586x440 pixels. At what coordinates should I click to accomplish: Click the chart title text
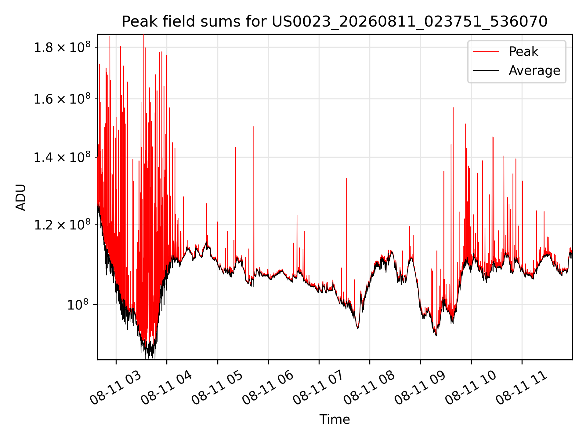coord(335,22)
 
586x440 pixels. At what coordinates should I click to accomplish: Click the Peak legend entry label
coord(523,52)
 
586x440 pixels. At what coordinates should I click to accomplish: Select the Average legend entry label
coord(534,71)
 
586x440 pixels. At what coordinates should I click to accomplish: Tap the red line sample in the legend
coord(486,52)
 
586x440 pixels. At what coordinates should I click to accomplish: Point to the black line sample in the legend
coord(486,71)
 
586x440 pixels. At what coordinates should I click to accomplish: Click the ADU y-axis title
coord(21,197)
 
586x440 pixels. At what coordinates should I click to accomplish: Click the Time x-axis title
coord(335,419)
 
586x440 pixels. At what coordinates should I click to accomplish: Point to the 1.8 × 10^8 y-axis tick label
coord(62,47)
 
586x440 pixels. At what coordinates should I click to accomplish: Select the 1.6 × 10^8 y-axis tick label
coord(62,99)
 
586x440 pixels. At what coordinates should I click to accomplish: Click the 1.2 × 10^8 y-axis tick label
coord(62,225)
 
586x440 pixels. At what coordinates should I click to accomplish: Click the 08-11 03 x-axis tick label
coord(116,388)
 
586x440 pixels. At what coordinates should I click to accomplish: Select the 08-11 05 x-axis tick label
coord(217,388)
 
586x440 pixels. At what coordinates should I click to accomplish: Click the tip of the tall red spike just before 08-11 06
coord(254,126)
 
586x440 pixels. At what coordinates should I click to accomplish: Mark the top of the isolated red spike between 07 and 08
coord(346,178)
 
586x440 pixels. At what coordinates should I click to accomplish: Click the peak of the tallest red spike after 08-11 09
coord(453,108)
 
